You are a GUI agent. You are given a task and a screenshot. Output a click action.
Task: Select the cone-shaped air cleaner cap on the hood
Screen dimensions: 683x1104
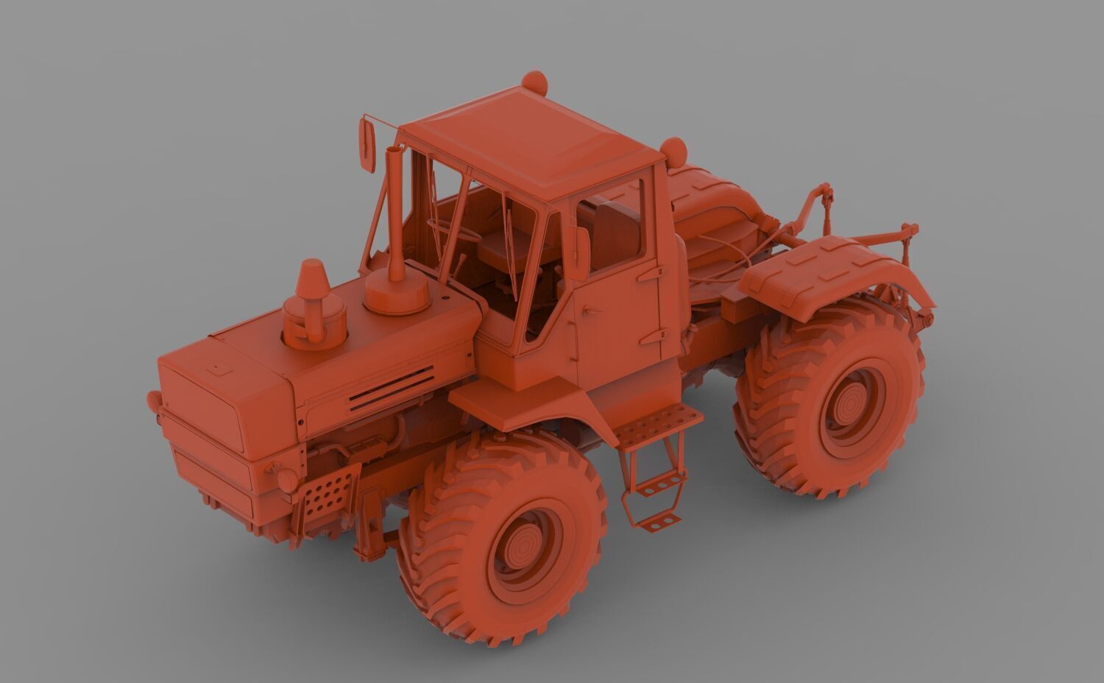(311, 280)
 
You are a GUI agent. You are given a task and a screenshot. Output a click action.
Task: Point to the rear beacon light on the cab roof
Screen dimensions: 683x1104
(673, 151)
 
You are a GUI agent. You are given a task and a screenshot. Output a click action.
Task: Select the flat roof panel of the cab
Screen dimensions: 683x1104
(530, 140)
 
